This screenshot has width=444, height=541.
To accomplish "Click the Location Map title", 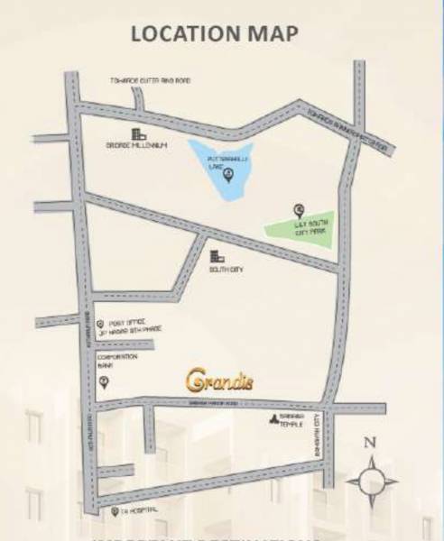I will tap(215, 34).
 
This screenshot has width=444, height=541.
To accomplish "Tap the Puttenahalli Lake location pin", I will tap(228, 173).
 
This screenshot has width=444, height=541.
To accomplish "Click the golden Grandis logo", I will tap(220, 381).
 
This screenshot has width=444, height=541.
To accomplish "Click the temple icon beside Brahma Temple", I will tap(271, 419).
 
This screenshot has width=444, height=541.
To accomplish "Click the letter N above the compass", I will tap(367, 443).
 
